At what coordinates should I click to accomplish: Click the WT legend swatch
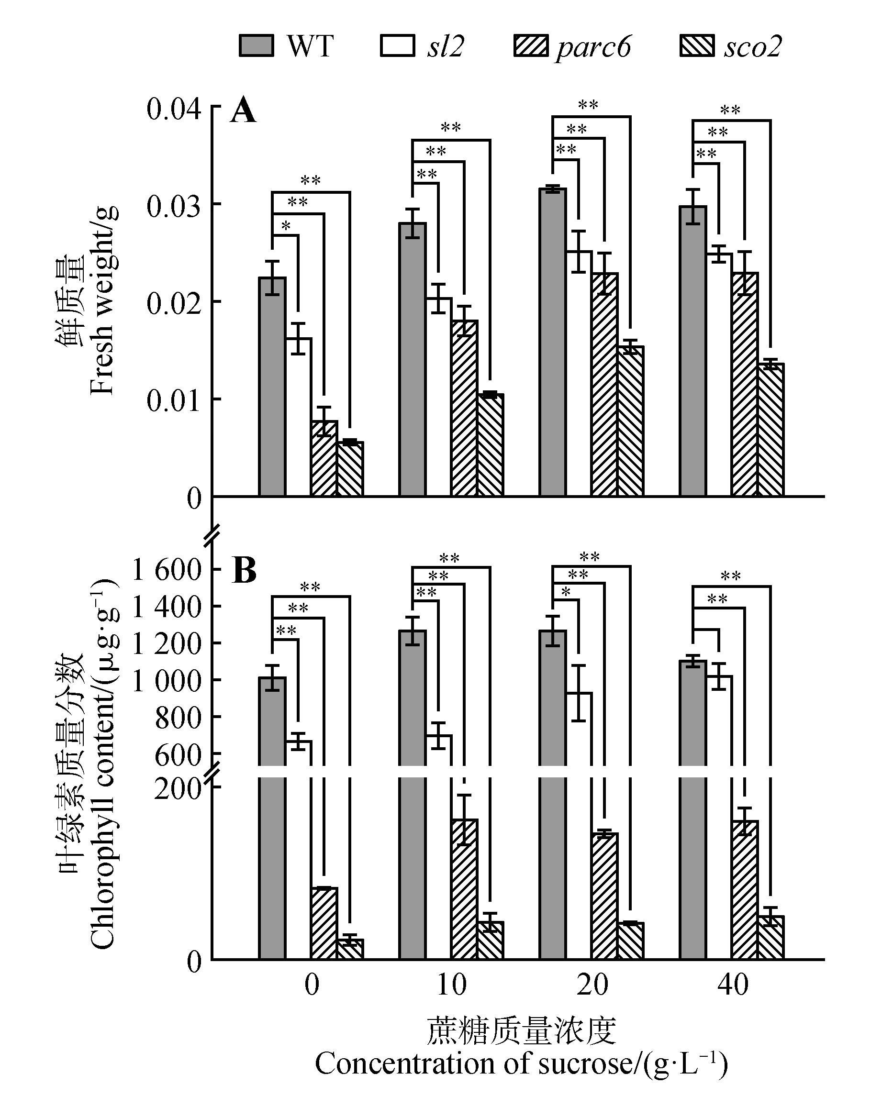[x=257, y=45]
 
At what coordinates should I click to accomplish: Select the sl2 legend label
[x=446, y=46]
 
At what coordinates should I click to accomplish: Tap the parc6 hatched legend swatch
[x=531, y=45]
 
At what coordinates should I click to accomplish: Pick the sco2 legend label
[x=752, y=46]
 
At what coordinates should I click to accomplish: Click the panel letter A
[x=243, y=111]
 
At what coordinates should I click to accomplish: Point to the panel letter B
[x=244, y=571]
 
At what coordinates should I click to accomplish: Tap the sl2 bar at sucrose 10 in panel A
[x=438, y=397]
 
